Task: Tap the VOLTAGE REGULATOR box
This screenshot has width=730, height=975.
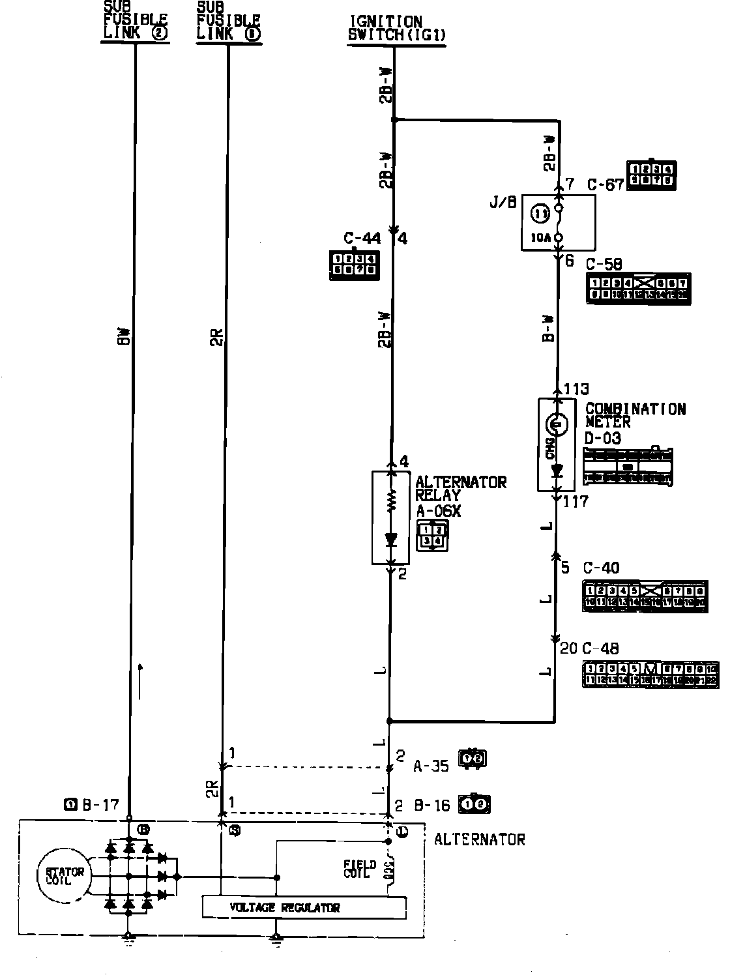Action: [304, 907]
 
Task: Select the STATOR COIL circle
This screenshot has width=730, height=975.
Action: [65, 876]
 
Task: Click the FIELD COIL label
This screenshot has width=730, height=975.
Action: [360, 869]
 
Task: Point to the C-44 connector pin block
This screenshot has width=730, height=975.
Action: [354, 264]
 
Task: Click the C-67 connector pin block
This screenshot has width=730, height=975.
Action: [651, 175]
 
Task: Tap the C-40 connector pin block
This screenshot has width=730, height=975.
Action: [644, 596]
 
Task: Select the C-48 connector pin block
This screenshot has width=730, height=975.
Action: [650, 675]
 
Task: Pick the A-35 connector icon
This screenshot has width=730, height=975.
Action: [473, 759]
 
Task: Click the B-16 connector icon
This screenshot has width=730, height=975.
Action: [475, 805]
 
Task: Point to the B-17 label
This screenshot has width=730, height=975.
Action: [100, 806]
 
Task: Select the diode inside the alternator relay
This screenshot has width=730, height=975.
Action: [391, 539]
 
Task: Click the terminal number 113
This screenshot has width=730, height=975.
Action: [576, 390]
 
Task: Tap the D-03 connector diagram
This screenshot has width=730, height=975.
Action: [628, 467]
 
